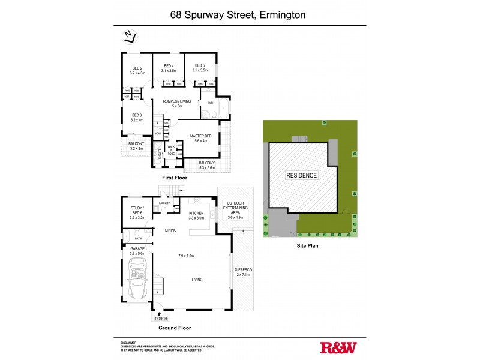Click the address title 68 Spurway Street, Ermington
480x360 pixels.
tap(240, 13)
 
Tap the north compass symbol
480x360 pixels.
tap(127, 38)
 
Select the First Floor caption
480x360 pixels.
tap(175, 178)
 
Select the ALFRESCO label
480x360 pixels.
tap(243, 272)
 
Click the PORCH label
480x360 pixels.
tap(160, 319)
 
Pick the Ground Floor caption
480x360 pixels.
tap(174, 329)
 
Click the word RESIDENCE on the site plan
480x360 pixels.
tap(301, 175)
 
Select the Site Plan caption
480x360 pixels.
tap(306, 245)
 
